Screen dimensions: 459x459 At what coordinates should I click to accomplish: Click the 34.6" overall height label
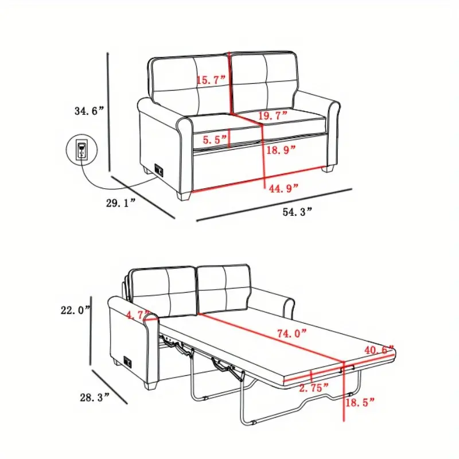90,111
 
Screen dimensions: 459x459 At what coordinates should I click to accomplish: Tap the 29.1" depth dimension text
121,203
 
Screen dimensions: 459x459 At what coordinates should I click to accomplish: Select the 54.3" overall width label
297,212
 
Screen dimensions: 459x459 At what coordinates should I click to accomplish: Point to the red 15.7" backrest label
211,80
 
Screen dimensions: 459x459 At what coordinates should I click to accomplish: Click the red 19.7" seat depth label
273,115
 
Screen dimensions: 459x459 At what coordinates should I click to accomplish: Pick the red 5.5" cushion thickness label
215,139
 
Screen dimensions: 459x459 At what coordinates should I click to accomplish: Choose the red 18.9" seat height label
281,150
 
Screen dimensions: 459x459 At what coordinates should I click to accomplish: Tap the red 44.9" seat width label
283,188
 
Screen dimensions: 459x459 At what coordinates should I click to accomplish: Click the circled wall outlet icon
81,149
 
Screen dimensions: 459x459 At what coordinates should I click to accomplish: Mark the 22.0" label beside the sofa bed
76,310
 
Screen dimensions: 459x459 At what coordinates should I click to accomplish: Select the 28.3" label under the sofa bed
95,397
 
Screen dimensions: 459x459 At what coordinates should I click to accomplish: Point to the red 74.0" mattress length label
292,333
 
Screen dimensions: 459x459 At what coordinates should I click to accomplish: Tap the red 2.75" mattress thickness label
314,388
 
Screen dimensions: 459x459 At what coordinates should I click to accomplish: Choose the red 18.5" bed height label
360,403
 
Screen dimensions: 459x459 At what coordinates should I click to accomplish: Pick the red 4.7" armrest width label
138,315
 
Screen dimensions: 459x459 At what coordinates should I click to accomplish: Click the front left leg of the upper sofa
184,196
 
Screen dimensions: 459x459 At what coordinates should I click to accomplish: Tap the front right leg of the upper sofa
328,169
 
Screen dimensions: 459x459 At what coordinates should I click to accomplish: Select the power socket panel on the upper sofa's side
159,170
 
